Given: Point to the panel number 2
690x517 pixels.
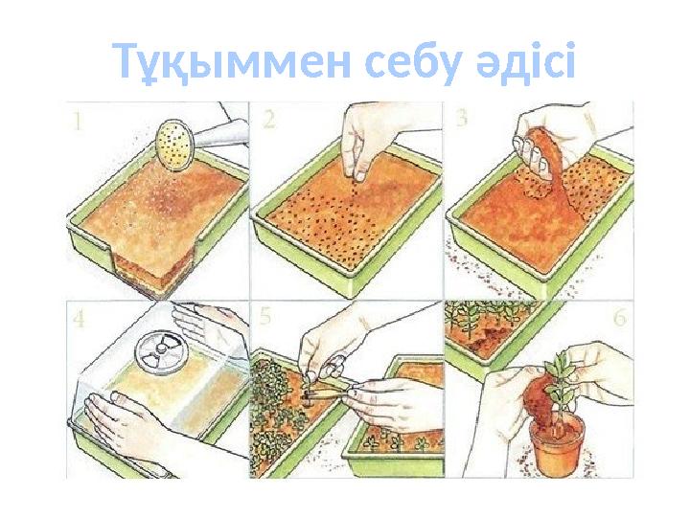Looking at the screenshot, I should click(x=270, y=119).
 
